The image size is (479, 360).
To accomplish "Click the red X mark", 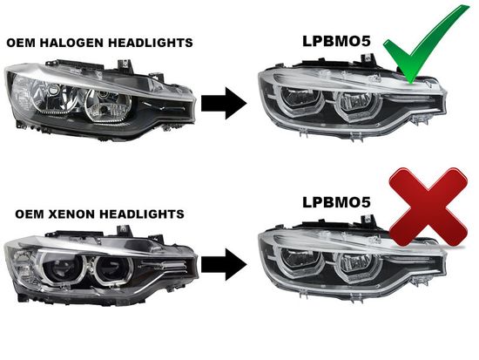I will tap(428, 207).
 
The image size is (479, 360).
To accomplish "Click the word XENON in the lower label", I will tap(71, 214).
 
